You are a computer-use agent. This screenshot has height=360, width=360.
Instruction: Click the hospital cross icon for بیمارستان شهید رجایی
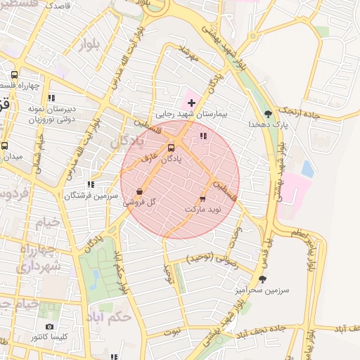point(191,103)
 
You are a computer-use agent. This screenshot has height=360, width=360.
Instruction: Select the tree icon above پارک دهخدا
point(267,113)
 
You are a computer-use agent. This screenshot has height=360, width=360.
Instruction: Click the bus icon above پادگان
point(172,148)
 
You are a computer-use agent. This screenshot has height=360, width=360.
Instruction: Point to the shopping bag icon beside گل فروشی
point(139,191)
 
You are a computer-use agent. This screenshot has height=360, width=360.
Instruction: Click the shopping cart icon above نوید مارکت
point(203,198)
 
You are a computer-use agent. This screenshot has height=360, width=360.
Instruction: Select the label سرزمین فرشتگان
point(88,195)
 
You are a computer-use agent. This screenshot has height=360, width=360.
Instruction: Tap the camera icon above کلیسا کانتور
point(49,327)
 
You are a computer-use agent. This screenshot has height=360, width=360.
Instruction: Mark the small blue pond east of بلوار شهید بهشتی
point(307,169)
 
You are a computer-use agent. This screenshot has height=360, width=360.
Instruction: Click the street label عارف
point(146,160)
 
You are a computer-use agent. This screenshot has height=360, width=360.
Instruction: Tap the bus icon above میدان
point(5,146)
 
